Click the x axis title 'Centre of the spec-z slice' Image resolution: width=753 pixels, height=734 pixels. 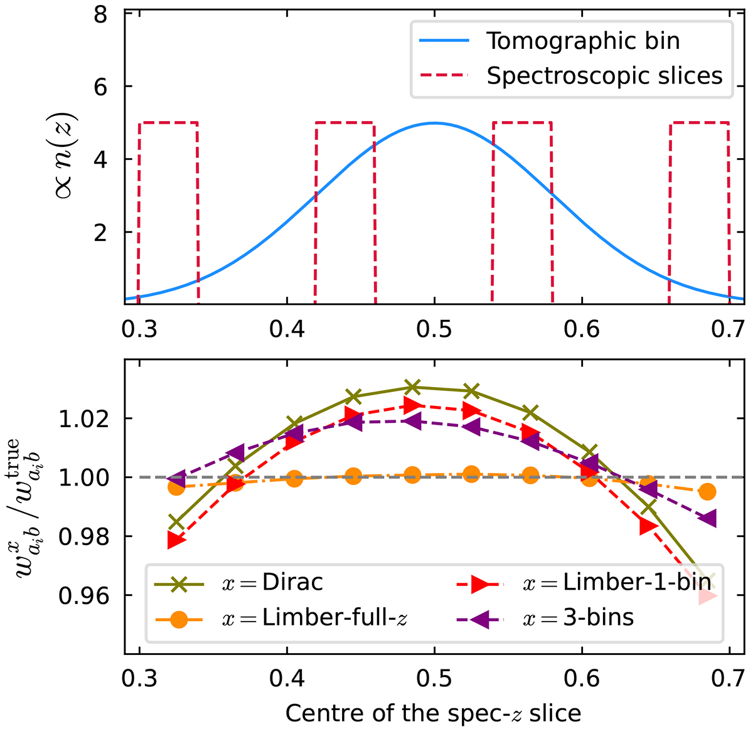tap(433, 713)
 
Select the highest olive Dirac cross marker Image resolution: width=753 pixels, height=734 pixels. tap(412, 386)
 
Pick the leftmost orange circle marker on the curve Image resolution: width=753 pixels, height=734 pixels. tap(176, 487)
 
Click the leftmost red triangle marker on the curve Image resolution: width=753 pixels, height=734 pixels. tap(176, 540)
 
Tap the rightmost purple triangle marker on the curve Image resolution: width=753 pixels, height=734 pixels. tap(708, 519)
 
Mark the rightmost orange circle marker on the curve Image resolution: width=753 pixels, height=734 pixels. tap(707, 492)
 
